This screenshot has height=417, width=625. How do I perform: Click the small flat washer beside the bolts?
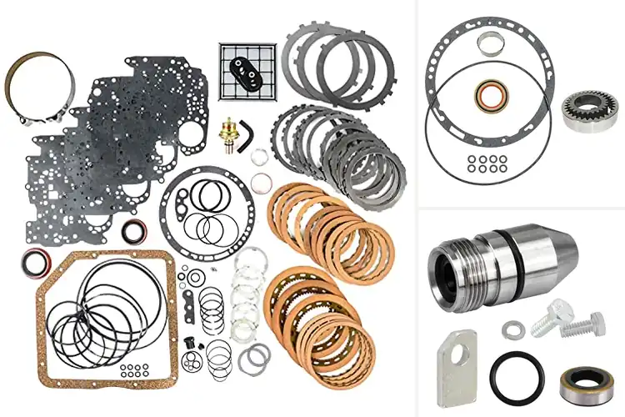(x=510, y=329)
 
